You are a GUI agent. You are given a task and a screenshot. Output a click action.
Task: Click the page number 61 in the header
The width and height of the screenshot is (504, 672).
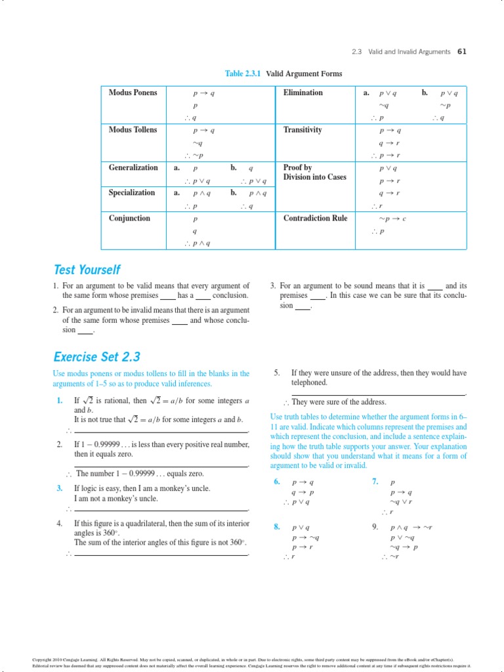(461, 52)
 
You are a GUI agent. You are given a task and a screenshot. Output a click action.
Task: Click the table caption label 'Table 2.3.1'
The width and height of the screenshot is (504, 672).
(243, 73)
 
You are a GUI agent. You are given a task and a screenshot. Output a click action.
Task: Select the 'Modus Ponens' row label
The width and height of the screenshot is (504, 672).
(133, 93)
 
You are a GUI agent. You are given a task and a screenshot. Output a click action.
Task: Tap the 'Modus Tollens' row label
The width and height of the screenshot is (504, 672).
(133, 130)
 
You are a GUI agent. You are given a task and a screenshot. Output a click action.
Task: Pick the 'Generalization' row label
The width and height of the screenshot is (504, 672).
(133, 167)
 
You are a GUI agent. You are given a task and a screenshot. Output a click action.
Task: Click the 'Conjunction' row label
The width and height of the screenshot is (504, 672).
(129, 219)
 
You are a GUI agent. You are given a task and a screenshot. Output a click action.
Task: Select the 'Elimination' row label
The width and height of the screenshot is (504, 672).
(303, 93)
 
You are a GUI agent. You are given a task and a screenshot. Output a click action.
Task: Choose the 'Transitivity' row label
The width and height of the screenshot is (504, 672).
(303, 130)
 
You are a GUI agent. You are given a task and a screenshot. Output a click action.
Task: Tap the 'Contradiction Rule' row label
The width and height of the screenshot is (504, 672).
(315, 219)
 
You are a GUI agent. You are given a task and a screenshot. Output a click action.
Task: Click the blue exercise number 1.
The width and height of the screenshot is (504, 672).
(59, 400)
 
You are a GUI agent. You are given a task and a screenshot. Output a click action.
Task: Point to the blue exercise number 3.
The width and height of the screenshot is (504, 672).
(59, 488)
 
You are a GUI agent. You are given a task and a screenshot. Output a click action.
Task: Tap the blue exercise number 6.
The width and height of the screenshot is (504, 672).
(277, 482)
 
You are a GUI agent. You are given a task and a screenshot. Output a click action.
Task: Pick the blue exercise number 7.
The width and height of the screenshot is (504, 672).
(375, 482)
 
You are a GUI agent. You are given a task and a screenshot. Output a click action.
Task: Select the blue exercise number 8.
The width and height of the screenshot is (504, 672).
(277, 526)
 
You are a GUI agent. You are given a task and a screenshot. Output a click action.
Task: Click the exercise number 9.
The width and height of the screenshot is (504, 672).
(375, 526)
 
